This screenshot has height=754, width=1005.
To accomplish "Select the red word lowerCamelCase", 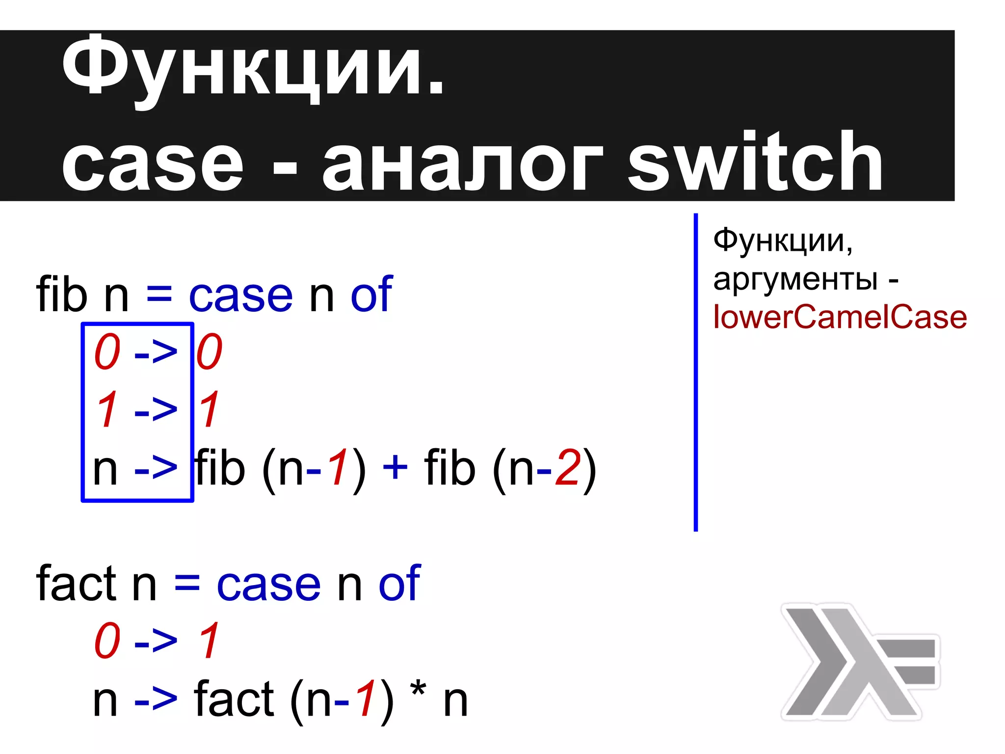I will tap(840, 317).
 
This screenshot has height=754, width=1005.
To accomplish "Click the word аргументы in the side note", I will tap(795, 280).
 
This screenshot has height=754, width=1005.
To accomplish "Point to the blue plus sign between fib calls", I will tap(395, 466).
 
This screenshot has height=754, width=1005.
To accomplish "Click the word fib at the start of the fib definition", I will tap(61, 295).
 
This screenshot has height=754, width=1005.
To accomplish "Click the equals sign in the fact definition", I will tap(187, 584).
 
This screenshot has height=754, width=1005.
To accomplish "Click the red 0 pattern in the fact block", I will tap(107, 641).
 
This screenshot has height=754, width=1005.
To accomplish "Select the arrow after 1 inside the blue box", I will tap(155, 409).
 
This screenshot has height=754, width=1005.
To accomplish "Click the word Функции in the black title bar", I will tap(252, 66).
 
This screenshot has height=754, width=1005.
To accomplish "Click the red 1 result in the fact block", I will tap(210, 641).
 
